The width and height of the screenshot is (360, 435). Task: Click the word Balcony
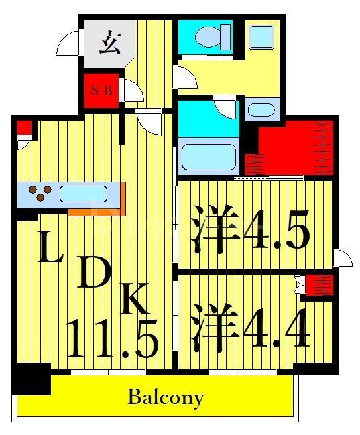point(166,397)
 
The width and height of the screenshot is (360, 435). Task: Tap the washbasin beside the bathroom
point(259,109)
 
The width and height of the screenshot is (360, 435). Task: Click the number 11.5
point(112,338)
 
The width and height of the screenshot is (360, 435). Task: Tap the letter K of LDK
point(135,300)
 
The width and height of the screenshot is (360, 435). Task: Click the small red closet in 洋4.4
point(319,285)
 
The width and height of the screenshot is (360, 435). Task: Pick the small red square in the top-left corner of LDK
point(24,127)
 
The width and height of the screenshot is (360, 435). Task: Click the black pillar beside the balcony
point(32,378)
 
